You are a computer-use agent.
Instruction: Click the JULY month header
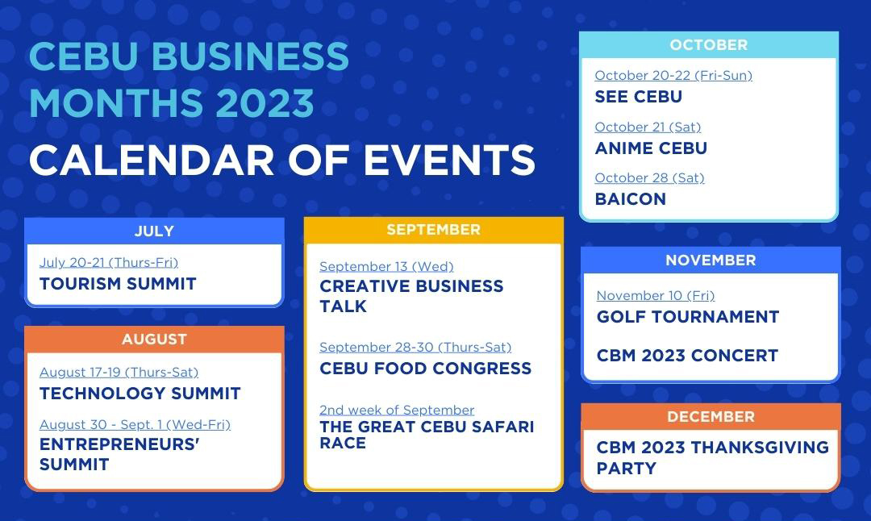click(x=154, y=231)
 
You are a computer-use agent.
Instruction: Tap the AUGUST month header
click(x=154, y=339)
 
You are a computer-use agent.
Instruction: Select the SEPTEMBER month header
click(x=433, y=229)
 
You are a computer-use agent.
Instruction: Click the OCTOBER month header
click(x=709, y=45)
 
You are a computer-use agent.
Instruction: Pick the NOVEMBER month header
click(x=711, y=260)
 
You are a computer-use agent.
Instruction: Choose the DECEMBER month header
click(x=711, y=417)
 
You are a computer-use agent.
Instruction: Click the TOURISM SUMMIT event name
click(x=118, y=284)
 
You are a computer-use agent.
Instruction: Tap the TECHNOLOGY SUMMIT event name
click(x=140, y=394)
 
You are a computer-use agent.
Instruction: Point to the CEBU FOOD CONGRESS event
click(x=426, y=369)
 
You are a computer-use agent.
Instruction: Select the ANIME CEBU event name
click(x=651, y=148)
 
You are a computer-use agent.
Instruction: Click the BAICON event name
click(x=631, y=199)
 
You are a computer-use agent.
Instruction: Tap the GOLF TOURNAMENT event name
click(x=688, y=317)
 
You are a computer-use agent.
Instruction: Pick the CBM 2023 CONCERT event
click(x=687, y=356)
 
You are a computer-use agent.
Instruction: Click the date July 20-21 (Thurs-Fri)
click(x=109, y=263)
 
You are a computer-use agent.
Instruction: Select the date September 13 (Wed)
click(x=386, y=267)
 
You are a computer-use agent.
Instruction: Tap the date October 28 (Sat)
click(x=649, y=177)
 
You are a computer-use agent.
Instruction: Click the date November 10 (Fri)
click(x=656, y=295)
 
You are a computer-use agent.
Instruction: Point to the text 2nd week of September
click(x=397, y=410)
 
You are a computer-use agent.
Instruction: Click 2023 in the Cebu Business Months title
click(x=265, y=102)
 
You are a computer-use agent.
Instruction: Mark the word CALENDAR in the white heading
click(x=152, y=160)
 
